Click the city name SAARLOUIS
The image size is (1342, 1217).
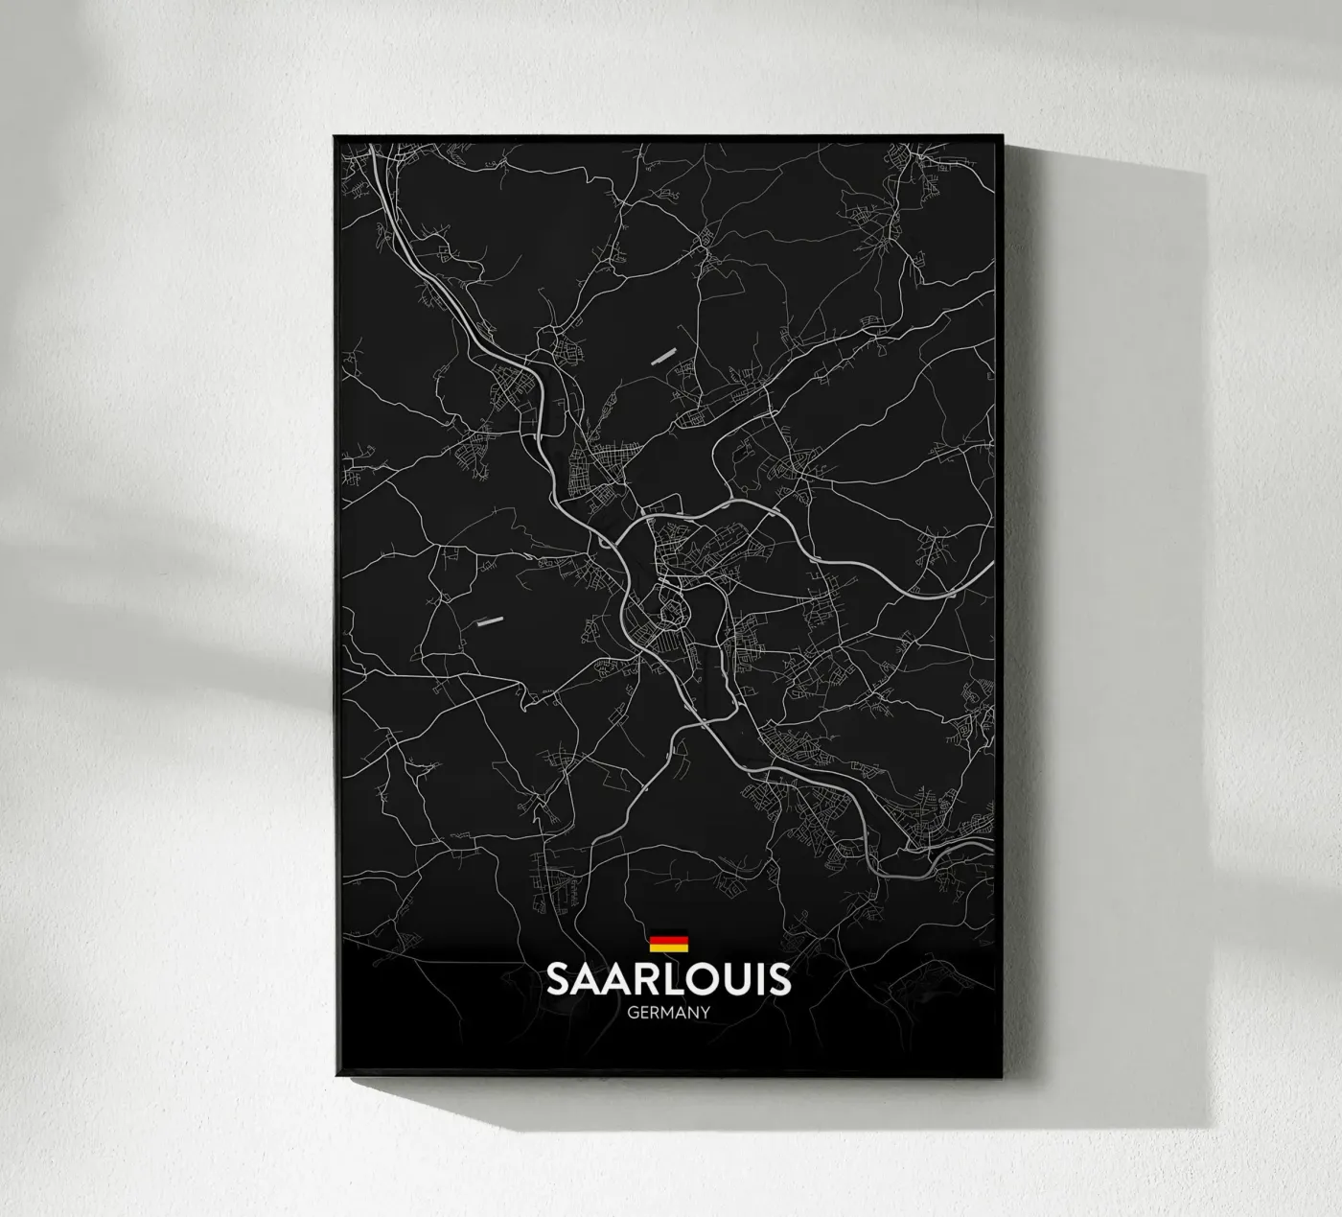[x=669, y=979]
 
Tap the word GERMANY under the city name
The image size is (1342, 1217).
[x=669, y=1010]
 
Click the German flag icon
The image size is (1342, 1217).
[x=669, y=944]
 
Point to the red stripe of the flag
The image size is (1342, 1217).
[x=669, y=944]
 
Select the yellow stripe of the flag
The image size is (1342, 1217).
[x=669, y=949]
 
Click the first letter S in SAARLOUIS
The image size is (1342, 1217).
[x=558, y=979]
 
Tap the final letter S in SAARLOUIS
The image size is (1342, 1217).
[x=780, y=979]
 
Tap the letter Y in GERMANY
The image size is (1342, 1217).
[x=705, y=1010]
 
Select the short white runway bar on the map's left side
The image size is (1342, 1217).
[x=489, y=621]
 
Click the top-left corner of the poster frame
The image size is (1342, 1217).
[x=335, y=137]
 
